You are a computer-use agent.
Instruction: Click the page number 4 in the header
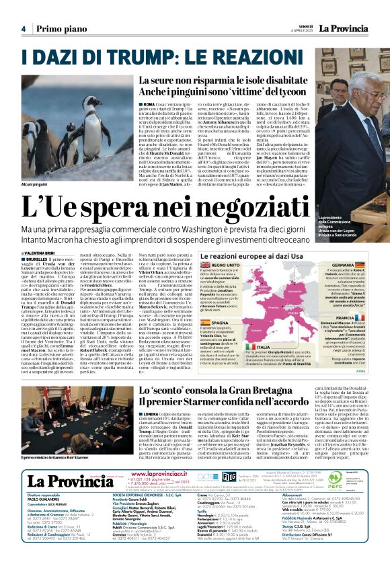(23, 29)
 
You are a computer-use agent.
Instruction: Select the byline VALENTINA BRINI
(46, 252)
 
